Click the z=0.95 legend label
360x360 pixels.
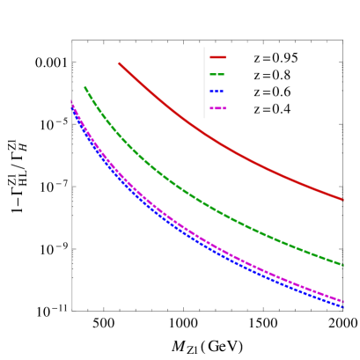pyautogui.click(x=276, y=57)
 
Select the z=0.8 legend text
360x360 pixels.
pyautogui.click(x=272, y=75)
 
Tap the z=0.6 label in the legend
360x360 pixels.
pyautogui.click(x=272, y=92)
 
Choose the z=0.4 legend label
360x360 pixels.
pyautogui.click(x=272, y=109)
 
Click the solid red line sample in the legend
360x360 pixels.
pyautogui.click(x=218, y=57)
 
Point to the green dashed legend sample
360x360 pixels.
pyautogui.click(x=218, y=75)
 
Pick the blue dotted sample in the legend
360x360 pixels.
pyautogui.click(x=218, y=92)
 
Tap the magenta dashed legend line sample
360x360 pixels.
pyautogui.click(x=218, y=109)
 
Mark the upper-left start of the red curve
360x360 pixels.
pyautogui.click(x=119, y=63)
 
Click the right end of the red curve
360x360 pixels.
pyautogui.click(x=343, y=200)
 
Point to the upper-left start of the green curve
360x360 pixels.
pyautogui.click(x=84, y=87)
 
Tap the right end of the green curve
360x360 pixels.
pyautogui.click(x=343, y=264)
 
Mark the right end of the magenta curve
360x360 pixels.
pyautogui.click(x=343, y=301)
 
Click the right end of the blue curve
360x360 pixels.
pyautogui.click(x=343, y=307)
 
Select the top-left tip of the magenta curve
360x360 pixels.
pyautogui.click(x=71, y=101)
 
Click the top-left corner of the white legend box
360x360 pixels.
pyautogui.click(x=204, y=47)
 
